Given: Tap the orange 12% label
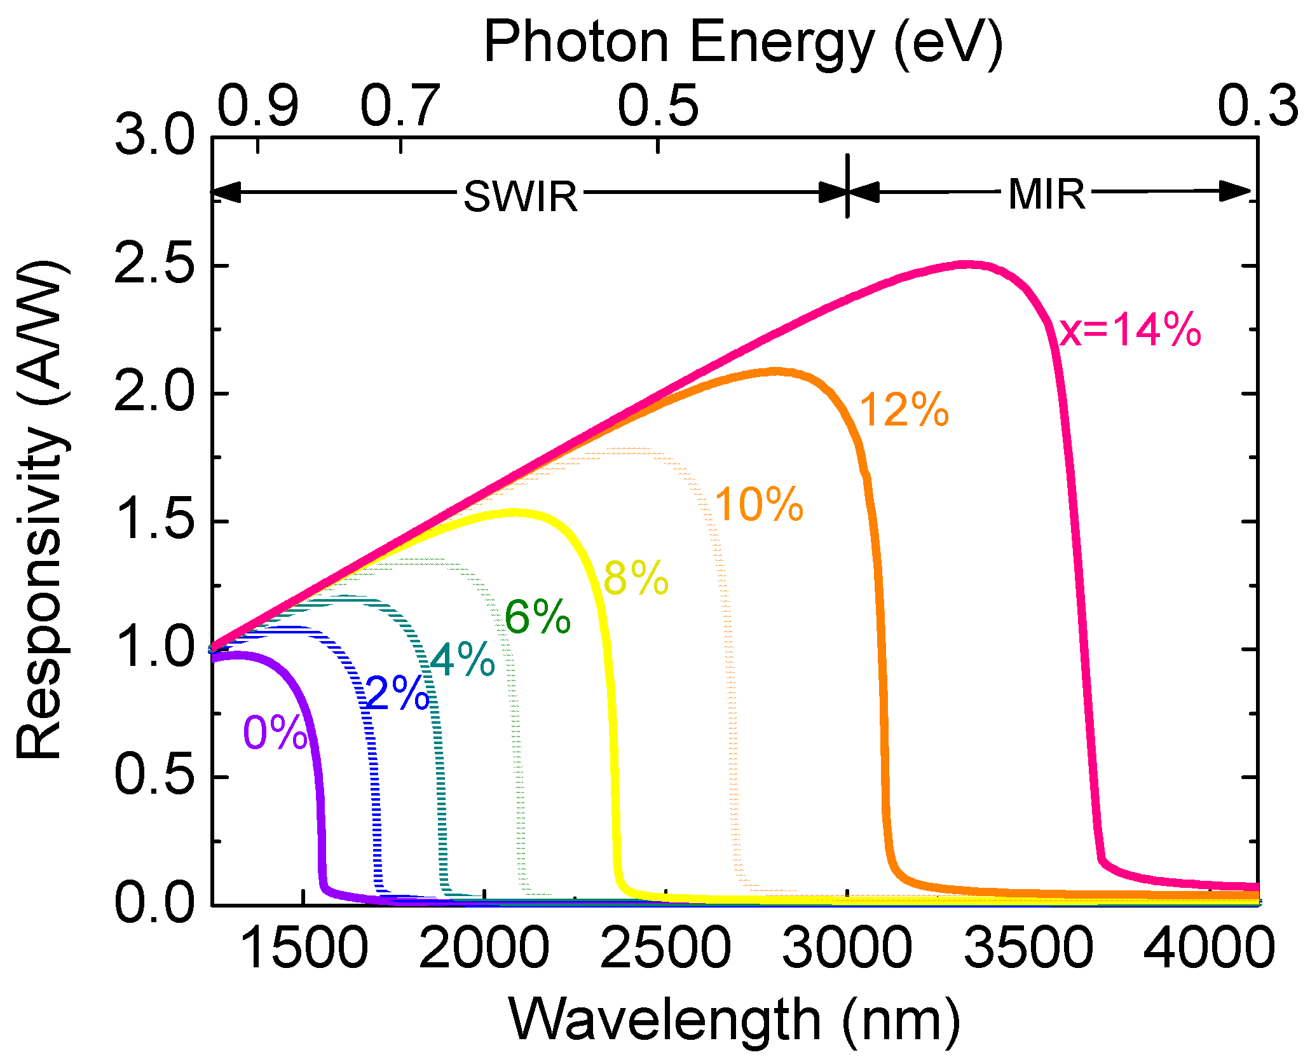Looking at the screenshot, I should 904,410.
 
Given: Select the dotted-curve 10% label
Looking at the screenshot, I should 760,505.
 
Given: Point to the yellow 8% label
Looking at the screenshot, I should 636,579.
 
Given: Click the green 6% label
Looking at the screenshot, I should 538,617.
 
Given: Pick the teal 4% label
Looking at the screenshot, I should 463,659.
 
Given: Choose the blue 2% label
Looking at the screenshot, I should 398,693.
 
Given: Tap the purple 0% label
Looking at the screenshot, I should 275,733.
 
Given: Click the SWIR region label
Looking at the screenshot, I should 521,196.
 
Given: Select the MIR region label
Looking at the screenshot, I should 1047,194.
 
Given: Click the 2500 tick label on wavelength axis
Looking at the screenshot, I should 665,948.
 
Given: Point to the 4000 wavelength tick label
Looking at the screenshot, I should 1209,948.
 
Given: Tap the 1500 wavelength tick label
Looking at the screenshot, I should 304,948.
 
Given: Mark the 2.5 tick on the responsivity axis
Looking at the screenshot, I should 154,265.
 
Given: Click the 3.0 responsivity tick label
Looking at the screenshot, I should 154,137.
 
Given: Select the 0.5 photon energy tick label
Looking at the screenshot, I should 658,105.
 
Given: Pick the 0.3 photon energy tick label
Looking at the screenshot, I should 1257,105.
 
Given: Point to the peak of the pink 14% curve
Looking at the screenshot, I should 966,264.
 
